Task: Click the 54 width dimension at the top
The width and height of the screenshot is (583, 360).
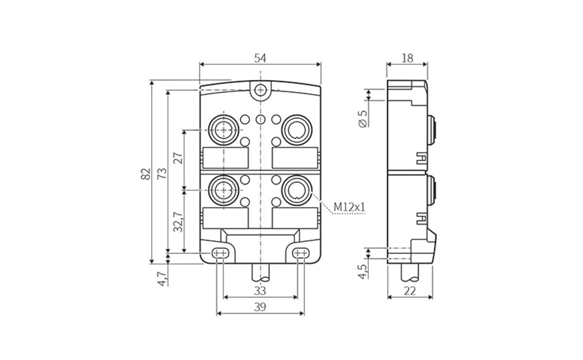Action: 260,58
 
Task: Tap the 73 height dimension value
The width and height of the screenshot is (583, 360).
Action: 162,173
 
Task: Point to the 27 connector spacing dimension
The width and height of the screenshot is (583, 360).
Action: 178,158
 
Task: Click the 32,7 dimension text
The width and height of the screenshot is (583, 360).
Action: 178,221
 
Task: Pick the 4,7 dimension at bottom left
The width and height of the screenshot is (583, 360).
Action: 163,278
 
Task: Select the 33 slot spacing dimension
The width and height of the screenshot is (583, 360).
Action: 260,291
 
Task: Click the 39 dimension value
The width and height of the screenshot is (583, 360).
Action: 260,307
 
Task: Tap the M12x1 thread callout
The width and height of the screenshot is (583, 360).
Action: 349,207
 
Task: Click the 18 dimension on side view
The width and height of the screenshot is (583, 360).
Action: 407,58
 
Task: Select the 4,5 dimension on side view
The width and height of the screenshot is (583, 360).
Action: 362,271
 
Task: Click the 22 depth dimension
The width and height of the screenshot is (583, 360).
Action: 410,291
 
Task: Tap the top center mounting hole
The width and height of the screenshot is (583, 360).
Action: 261,90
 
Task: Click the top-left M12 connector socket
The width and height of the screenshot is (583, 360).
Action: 223,129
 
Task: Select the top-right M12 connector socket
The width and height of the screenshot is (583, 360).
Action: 296,129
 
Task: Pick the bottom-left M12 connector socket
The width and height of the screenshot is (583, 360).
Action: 223,189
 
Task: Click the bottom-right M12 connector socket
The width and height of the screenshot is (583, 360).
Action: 296,189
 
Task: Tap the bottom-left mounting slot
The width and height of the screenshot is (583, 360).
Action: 220,253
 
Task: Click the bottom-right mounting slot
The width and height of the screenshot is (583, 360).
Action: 301,253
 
